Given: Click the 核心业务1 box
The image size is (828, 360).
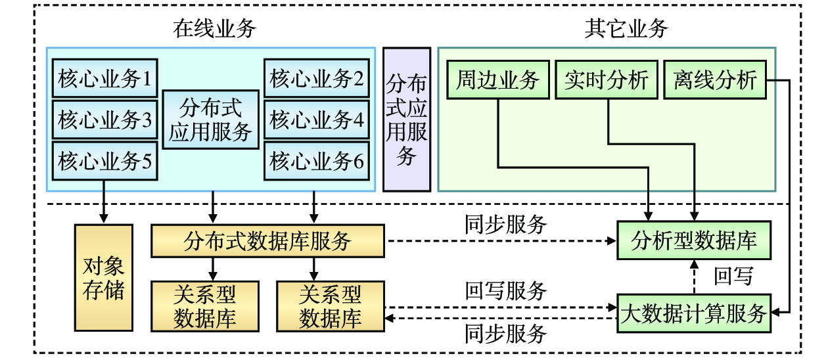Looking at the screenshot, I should coord(104,79).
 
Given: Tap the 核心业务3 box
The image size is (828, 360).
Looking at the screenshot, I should coord(104,120).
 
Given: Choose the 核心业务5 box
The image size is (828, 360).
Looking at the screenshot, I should coord(104,160).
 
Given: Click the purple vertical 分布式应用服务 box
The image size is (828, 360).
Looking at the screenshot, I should coord(407,119).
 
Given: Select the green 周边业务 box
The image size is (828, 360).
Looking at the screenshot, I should coord(497,79).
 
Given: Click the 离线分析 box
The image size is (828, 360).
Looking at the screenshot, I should coord(716,79).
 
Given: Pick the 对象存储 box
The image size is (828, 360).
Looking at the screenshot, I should coord(103,277).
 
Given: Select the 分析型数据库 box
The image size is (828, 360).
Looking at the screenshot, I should coord(694,240).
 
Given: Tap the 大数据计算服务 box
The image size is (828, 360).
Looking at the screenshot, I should coord(694,313).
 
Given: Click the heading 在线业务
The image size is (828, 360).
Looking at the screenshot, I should coord(214,28).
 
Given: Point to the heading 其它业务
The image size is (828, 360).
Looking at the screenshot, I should coord(626,28).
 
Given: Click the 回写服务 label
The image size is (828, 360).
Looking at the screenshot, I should coord(506,290).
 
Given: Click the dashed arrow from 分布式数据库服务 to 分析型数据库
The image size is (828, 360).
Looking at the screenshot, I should coord(499,240).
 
